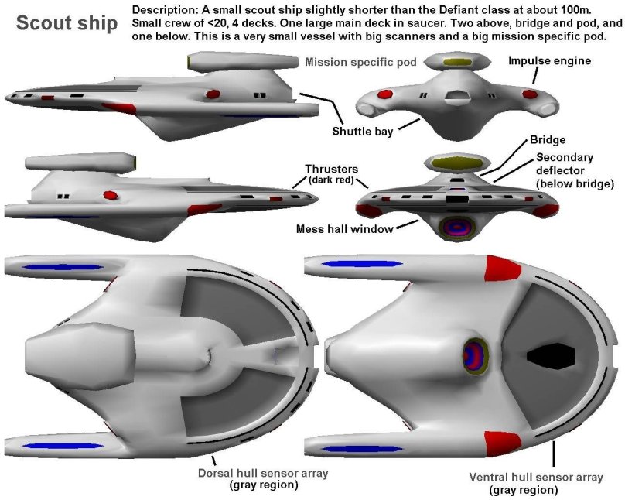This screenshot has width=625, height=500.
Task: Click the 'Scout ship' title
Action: coord(67,23)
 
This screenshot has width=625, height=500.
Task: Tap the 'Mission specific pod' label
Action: coord(360,62)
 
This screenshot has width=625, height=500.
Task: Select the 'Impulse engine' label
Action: coord(549,60)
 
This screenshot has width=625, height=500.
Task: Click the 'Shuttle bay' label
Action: coord(363,131)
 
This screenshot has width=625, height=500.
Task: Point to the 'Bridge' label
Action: coord(546,141)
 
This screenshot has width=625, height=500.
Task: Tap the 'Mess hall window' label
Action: coord(344,229)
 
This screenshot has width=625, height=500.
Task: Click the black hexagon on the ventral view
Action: coord(551,356)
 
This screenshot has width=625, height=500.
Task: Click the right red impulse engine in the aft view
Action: coord(530,94)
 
